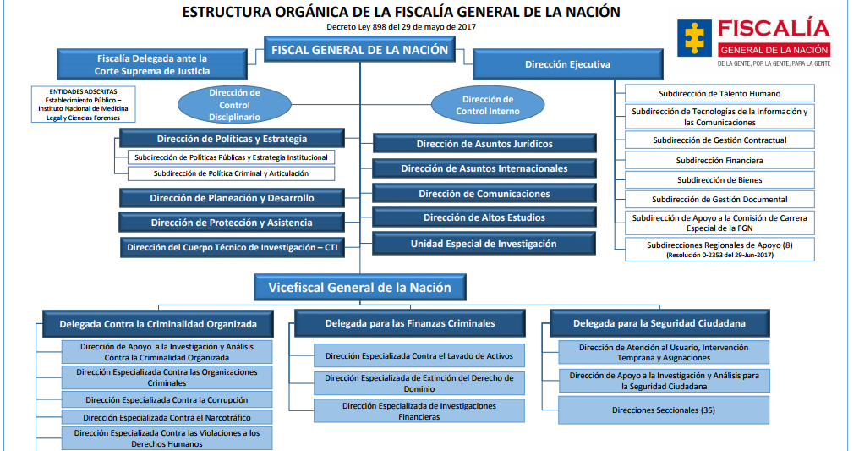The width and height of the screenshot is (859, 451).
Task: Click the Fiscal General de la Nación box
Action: pos(360,50)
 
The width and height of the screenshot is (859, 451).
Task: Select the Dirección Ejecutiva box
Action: pos(567,64)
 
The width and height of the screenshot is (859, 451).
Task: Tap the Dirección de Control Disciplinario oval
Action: pos(234,105)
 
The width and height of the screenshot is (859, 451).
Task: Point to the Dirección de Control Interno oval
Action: pos(488,105)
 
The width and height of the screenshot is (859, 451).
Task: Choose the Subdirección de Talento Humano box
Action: pos(719,94)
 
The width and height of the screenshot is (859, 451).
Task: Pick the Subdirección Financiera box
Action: pos(719,160)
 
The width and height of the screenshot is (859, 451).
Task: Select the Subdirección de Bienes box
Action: pos(719,179)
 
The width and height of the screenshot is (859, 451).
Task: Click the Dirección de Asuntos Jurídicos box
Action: pos(485,144)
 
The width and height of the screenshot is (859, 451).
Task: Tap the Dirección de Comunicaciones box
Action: pos(485,194)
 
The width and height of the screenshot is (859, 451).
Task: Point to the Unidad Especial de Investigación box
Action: pos(485,244)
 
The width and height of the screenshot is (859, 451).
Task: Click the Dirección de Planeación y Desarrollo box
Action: pos(232,198)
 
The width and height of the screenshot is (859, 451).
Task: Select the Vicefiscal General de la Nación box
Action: pos(360,288)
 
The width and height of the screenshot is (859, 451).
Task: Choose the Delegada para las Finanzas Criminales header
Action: pos(411,323)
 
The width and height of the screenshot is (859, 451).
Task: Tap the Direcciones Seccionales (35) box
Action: pos(664,410)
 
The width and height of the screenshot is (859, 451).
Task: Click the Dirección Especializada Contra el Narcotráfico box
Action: pos(167,417)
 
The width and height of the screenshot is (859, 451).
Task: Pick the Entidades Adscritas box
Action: pos(84,104)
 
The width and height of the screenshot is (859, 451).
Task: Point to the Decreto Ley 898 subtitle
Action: pos(402,27)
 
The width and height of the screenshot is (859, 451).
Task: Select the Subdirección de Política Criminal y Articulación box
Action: pos(231,173)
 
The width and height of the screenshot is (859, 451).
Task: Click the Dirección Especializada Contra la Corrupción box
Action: pos(167,399)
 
